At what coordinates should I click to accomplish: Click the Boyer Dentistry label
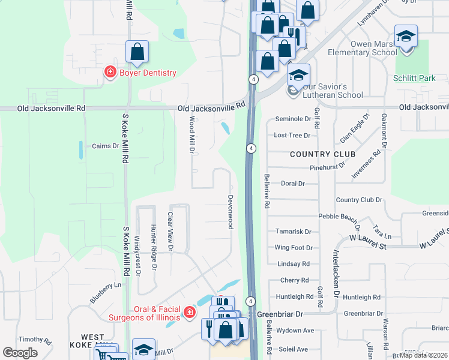(x=148, y=73)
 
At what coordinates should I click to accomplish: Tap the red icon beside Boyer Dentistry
(x=110, y=73)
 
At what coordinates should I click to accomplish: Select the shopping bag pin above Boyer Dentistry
(x=137, y=52)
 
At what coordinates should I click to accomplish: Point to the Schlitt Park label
(x=414, y=78)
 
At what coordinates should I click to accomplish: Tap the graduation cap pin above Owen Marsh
(x=406, y=36)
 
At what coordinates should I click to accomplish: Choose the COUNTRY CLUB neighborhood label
(x=322, y=154)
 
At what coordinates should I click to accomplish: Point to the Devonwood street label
(x=230, y=211)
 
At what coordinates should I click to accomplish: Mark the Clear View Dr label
(x=170, y=231)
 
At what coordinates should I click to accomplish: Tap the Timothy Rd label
(x=34, y=340)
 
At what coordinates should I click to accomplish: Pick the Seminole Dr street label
(x=293, y=119)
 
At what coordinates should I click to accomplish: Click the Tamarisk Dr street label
(x=293, y=232)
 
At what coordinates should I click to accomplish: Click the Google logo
(x=20, y=353)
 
